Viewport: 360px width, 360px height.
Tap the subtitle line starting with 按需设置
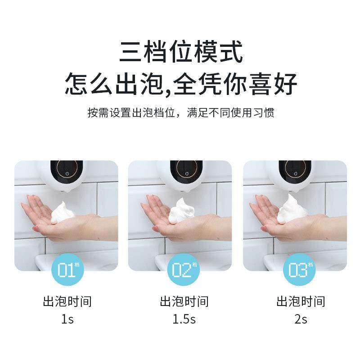pos(180,112)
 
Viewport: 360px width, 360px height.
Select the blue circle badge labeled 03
pos(298,270)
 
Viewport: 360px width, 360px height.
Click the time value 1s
pos(67,319)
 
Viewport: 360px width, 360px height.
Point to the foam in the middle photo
pos(180,211)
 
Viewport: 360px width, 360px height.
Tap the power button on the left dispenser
pos(67,173)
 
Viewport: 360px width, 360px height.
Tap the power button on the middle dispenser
pos(186,173)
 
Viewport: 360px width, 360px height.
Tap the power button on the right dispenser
pos(296,173)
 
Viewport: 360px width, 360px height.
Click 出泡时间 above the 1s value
pos(67,301)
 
